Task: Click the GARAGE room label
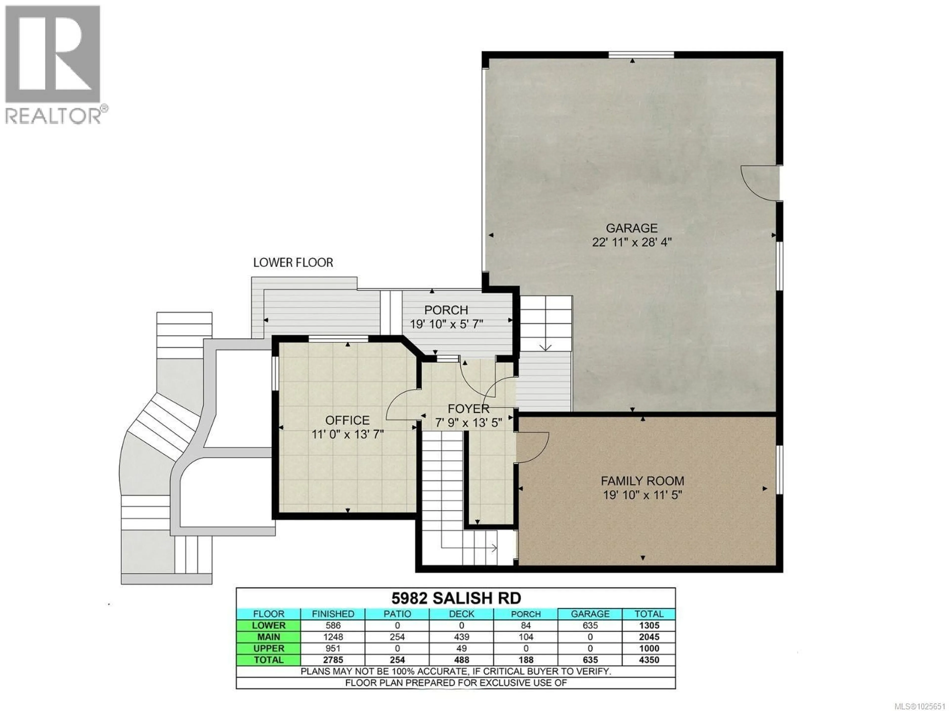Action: pyautogui.click(x=631, y=228)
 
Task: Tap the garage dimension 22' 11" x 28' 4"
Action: pyautogui.click(x=631, y=242)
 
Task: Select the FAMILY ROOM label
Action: pyautogui.click(x=642, y=481)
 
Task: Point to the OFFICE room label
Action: pyautogui.click(x=347, y=420)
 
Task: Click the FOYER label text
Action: pyautogui.click(x=469, y=409)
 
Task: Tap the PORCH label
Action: pyautogui.click(x=446, y=310)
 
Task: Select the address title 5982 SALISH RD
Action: pyautogui.click(x=456, y=598)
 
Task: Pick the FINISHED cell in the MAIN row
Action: pyautogui.click(x=333, y=637)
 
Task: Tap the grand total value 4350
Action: pyautogui.click(x=649, y=660)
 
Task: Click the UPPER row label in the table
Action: pyautogui.click(x=269, y=649)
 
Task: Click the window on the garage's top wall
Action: pyautogui.click(x=641, y=54)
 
